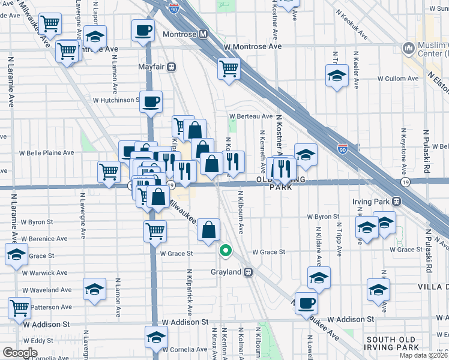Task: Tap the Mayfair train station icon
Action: click(171, 67)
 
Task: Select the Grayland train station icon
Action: click(247, 272)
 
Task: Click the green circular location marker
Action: click(226, 251)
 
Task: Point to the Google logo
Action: click(20, 352)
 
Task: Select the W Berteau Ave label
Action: click(250, 116)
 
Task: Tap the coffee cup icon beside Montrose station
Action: click(143, 31)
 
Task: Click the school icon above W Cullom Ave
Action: click(337, 76)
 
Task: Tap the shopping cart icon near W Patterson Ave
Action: click(19, 308)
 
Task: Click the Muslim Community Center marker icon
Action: click(409, 47)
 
